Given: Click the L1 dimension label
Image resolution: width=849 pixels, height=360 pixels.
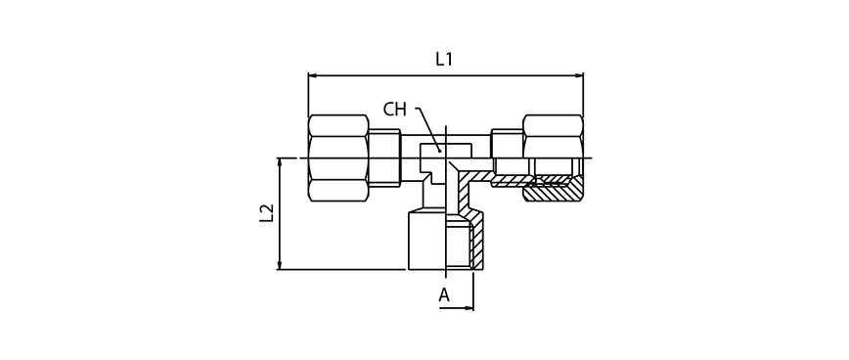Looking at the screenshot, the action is pos(443,59).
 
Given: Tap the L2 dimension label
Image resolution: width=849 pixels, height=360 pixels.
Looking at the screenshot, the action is pos(266,213).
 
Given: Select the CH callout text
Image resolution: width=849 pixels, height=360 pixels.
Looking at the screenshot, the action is pos(394,110).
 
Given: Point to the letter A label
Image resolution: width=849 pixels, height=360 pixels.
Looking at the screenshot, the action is pos(444,295).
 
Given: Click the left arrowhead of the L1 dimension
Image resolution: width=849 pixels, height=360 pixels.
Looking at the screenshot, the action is pos(312,75).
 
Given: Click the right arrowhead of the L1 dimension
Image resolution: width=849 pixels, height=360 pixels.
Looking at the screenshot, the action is pos(579,75).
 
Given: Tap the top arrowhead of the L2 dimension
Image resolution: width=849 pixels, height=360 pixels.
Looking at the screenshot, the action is pos(280,161).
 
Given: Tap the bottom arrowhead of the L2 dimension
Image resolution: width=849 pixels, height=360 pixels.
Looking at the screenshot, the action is pos(280,265).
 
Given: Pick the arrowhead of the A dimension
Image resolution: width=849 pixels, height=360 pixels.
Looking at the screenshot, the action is pos(469,308).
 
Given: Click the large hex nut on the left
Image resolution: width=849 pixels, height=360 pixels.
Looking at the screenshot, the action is pos(338,158).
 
